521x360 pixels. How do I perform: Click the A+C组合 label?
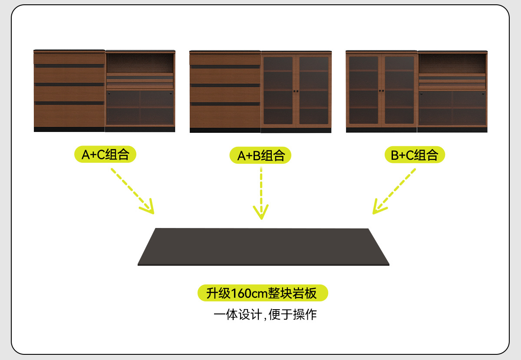pyautogui.click(x=106, y=155)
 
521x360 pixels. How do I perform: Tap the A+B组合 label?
pyautogui.click(x=260, y=155)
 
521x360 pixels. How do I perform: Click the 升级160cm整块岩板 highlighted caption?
pyautogui.click(x=263, y=293)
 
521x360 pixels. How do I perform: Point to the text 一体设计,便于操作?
pyautogui.click(x=265, y=314)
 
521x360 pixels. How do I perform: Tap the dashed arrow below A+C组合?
pyautogui.click(x=132, y=191)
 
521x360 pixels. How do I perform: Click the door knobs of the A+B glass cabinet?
pyautogui.click(x=296, y=91)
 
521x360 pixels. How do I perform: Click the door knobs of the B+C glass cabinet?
pyautogui.click(x=381, y=91)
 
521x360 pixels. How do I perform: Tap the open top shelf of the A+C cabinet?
pyautogui.click(x=140, y=63)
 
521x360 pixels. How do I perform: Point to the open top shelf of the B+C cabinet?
pyautogui.click(x=452, y=63)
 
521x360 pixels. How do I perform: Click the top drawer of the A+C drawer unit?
pyautogui.click(x=69, y=58)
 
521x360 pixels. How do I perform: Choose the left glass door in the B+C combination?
pyautogui.click(x=364, y=90)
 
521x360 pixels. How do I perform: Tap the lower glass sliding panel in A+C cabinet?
pyautogui.click(x=140, y=108)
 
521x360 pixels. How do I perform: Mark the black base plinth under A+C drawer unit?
pyautogui.click(x=69, y=129)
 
